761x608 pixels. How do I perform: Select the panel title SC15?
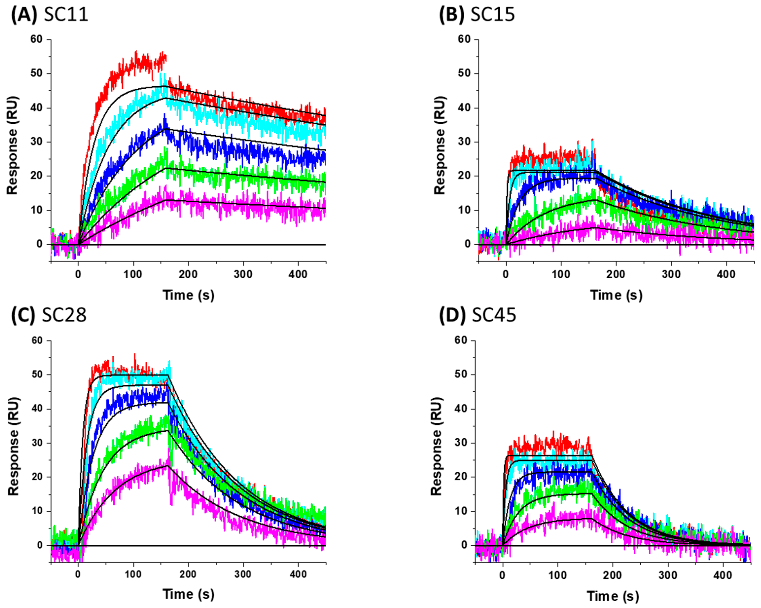point(493,15)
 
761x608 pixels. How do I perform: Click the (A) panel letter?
point(24,15)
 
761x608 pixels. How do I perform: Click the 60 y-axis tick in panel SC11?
point(36,39)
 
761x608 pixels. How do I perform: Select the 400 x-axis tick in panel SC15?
point(726,274)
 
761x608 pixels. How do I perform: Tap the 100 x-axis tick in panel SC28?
point(133,574)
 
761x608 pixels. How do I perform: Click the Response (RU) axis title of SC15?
point(440,145)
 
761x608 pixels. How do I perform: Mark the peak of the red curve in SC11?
point(137,52)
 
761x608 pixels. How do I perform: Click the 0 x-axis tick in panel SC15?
point(506,274)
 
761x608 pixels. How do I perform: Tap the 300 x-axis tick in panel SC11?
point(243,274)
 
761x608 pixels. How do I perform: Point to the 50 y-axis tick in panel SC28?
point(37,375)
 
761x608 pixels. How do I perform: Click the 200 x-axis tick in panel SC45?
point(612,575)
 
